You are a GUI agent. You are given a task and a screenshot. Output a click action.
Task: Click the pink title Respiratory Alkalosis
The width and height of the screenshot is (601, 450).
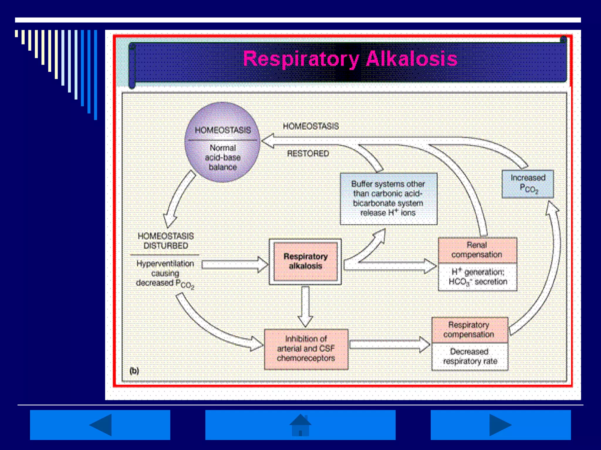point(350,59)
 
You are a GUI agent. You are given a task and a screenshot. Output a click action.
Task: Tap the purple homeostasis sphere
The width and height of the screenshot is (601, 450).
point(222,142)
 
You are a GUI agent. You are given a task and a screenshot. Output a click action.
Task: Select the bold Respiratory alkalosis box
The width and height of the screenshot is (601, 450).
point(305,261)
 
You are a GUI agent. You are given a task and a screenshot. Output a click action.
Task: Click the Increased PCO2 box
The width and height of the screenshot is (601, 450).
point(528,184)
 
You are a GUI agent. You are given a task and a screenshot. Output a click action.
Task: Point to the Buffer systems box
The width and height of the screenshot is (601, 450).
point(388,199)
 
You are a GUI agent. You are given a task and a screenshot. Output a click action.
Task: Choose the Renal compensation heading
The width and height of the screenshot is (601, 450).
point(477,250)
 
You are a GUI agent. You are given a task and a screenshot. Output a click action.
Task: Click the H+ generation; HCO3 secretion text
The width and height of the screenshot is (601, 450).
point(478,277)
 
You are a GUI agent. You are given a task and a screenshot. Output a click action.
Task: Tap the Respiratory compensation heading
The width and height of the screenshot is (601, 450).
point(469,330)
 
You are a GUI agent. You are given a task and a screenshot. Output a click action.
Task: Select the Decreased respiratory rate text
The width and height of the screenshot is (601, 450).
point(470,356)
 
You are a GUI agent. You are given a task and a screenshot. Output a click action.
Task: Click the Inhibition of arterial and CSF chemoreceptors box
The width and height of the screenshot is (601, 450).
point(306,349)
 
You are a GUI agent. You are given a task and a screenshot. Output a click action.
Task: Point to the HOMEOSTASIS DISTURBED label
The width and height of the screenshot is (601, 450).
point(166,241)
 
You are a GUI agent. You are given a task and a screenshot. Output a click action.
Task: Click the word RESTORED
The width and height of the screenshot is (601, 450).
point(308,154)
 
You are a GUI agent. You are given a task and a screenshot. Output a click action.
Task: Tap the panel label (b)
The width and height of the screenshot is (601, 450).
point(134,371)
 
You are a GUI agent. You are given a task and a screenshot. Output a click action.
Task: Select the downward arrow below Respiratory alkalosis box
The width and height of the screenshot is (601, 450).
point(305,306)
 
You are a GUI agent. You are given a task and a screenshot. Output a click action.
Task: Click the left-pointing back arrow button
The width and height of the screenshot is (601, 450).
point(100,425)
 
